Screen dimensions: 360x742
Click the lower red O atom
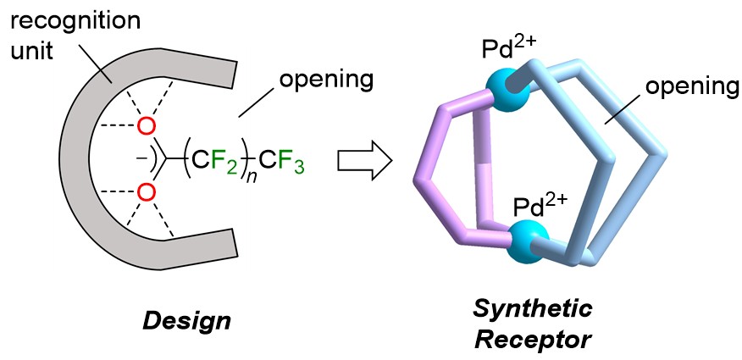[x=147, y=193]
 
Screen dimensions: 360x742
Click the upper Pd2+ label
[x=502, y=43]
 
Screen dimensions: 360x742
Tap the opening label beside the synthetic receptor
[x=687, y=86]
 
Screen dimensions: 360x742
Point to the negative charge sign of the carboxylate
[x=130, y=158]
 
